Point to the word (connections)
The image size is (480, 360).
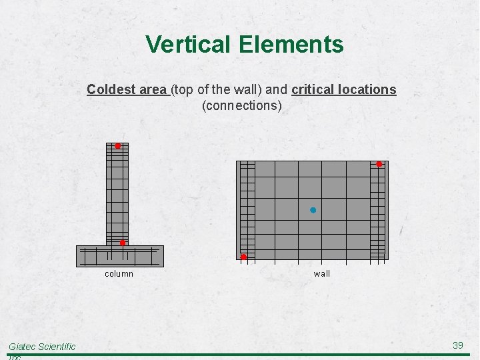point(241,105)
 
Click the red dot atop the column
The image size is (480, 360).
point(117,145)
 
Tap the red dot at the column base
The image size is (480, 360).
point(123,243)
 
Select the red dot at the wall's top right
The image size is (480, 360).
point(379,164)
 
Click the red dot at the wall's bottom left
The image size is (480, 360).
point(243,257)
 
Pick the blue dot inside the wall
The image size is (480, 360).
point(313,210)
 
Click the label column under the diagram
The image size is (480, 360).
point(119,273)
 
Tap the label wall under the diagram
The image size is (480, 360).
point(321,273)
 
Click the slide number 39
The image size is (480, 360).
point(458,345)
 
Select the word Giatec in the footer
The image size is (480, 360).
point(23,346)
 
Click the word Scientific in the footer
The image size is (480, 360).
point(57,346)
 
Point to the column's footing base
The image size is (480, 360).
point(120,256)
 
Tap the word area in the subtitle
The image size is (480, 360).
point(151,89)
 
